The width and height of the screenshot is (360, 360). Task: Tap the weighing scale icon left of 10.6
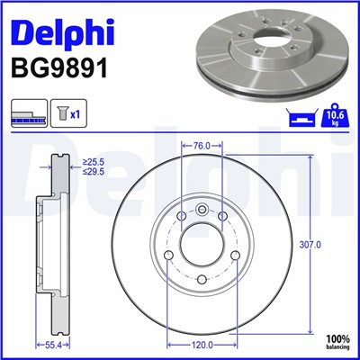[304, 117]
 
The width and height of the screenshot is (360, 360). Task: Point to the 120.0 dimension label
[202, 344]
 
